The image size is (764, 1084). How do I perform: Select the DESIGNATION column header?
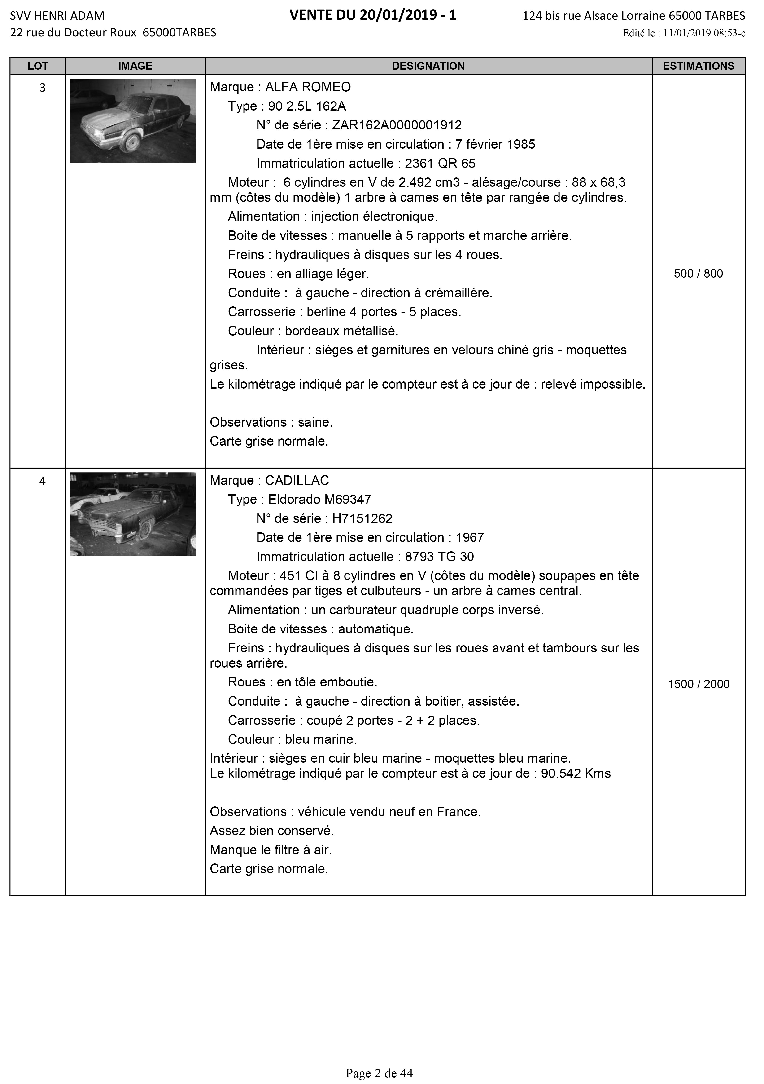point(428,66)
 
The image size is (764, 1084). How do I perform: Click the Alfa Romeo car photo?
point(133,121)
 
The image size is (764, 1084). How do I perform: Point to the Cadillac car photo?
point(133,514)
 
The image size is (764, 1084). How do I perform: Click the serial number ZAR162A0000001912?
point(397,125)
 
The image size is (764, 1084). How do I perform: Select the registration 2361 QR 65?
point(440,163)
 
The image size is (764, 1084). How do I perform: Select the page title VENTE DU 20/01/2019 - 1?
point(373,16)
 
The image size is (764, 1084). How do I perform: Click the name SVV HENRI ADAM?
point(57,16)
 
